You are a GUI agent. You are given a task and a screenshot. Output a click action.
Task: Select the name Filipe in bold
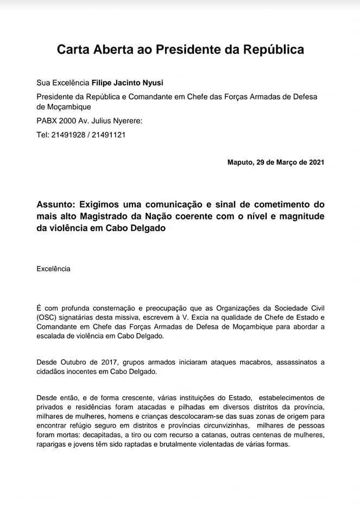point(103,83)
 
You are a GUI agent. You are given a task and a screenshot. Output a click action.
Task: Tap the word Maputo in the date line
point(239,162)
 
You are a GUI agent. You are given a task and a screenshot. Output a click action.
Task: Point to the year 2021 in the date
point(316,162)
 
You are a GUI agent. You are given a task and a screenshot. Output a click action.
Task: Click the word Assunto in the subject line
point(56,205)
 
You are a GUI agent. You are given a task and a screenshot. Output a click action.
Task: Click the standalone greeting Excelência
point(53,268)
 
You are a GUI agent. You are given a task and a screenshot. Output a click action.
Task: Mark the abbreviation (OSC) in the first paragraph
point(47,317)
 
